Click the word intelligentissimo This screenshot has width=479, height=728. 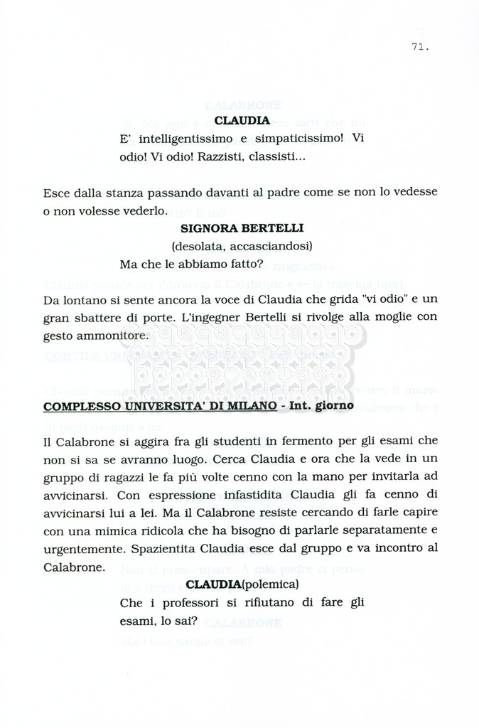[181, 139]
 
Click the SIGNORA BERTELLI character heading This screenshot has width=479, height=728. [242, 228]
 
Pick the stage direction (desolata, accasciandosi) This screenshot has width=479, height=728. [242, 246]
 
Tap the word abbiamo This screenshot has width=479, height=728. [200, 264]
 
